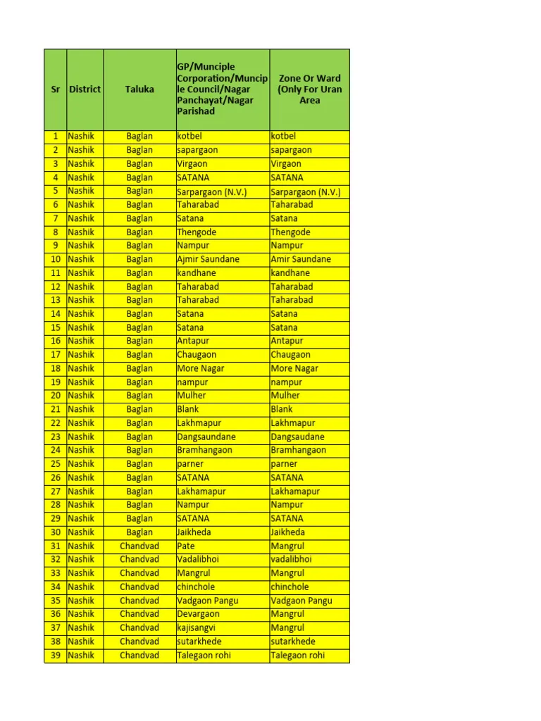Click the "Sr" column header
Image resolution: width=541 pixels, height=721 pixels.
click(x=55, y=89)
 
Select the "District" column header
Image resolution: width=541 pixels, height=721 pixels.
click(x=85, y=89)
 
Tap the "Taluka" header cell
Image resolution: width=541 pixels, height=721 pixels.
click(x=139, y=89)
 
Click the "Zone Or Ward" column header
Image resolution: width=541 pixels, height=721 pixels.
click(x=309, y=89)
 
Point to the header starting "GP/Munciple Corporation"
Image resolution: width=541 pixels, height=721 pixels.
click(x=222, y=89)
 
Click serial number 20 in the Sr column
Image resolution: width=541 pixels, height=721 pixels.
click(x=55, y=396)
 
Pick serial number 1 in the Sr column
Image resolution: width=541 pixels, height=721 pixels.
click(x=55, y=136)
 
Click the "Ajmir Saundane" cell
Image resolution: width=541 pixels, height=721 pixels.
click(x=209, y=259)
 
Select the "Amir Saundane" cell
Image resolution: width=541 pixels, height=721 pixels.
click(x=301, y=259)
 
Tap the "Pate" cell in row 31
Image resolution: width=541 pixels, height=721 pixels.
click(x=187, y=546)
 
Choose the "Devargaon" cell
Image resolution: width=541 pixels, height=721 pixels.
click(x=199, y=614)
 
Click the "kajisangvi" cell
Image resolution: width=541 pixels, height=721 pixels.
click(x=197, y=627)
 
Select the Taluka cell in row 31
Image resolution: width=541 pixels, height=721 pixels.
click(x=139, y=546)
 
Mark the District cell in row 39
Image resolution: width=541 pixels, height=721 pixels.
click(x=81, y=655)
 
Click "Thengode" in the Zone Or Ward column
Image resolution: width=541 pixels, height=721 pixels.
click(x=290, y=232)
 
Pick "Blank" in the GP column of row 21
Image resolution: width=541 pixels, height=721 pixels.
click(x=188, y=409)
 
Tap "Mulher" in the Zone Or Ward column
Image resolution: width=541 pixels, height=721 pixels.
click(x=285, y=396)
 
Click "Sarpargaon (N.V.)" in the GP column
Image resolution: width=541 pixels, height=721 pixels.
click(x=212, y=192)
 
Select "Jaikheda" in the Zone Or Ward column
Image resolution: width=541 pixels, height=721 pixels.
click(x=288, y=532)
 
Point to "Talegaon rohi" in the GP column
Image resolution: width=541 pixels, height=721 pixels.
click(x=204, y=655)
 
